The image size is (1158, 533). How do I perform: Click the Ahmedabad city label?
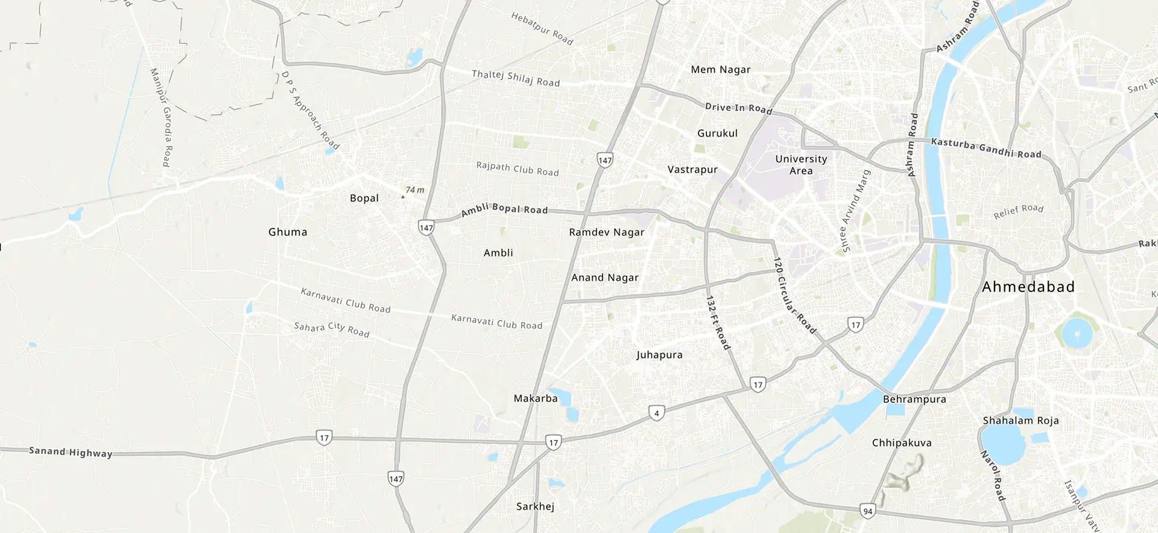click(x=1028, y=287)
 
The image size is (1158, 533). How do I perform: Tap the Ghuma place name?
click(x=288, y=232)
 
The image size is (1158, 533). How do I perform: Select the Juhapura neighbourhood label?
click(x=659, y=355)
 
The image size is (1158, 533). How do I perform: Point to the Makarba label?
click(x=536, y=398)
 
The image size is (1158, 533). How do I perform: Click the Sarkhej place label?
click(x=535, y=506)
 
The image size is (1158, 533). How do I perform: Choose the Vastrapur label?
click(x=692, y=170)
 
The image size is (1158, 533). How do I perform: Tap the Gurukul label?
click(x=717, y=133)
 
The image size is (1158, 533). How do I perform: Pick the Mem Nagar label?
click(x=721, y=69)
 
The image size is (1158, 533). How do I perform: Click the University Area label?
click(x=801, y=165)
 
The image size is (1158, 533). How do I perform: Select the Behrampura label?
click(x=914, y=399)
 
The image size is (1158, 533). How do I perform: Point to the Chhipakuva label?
click(x=902, y=443)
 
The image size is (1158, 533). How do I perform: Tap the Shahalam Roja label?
click(x=1020, y=421)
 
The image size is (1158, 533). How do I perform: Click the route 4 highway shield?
click(x=657, y=413)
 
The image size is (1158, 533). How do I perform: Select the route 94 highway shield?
click(x=868, y=511)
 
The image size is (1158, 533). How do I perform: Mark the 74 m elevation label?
click(x=414, y=190)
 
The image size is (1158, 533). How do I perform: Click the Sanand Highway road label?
click(x=71, y=452)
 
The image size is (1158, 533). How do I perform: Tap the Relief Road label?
click(x=1018, y=211)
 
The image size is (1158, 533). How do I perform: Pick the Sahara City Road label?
click(x=332, y=329)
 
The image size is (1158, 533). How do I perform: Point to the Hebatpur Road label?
click(x=542, y=28)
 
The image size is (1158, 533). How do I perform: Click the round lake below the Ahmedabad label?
click(x=1077, y=333)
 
